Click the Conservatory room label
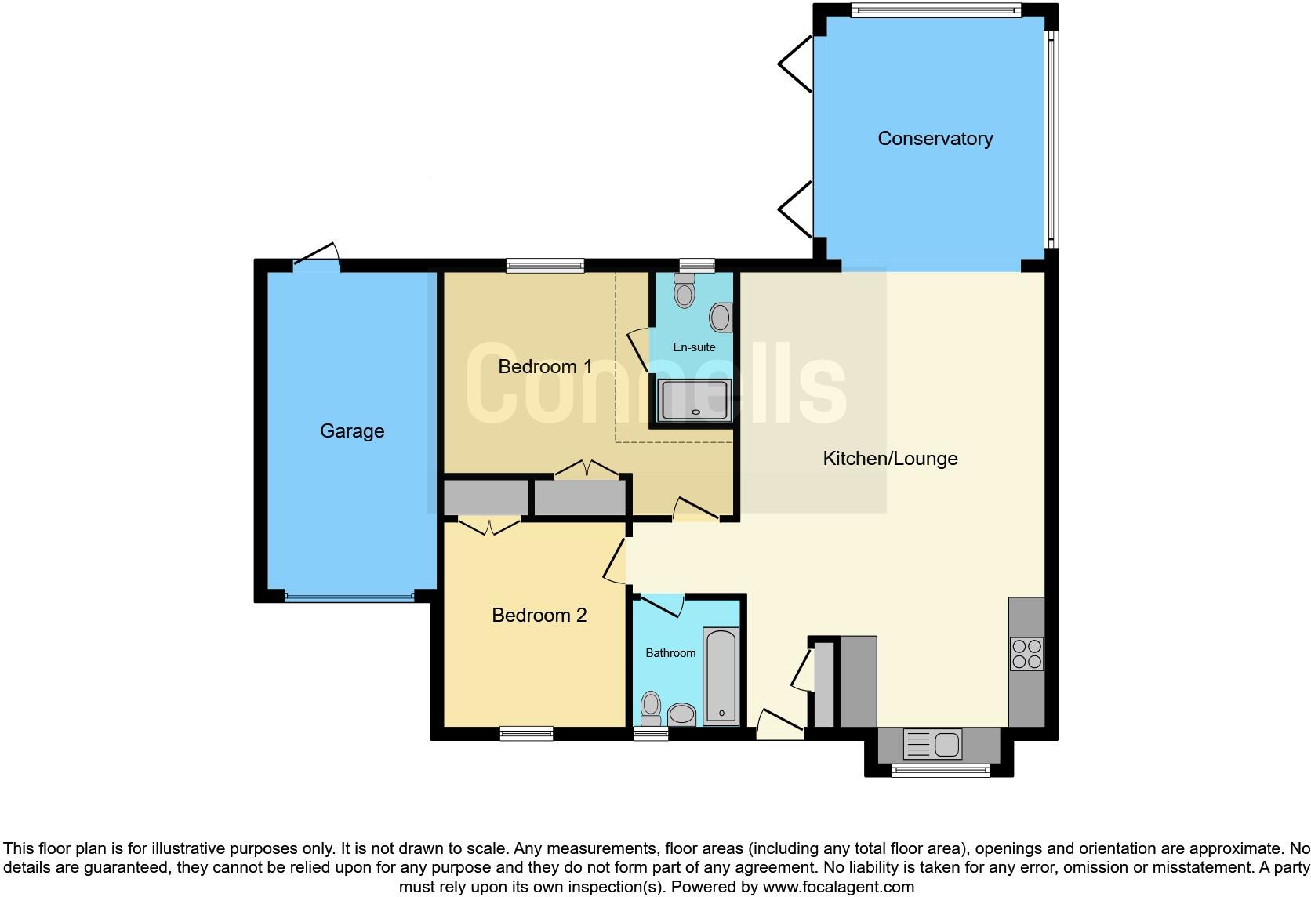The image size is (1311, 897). (x=935, y=139)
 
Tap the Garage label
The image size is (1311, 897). (x=352, y=430)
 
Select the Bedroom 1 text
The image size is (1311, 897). (x=545, y=366)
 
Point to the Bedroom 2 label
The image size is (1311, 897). (x=539, y=615)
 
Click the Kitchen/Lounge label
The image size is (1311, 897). (x=890, y=458)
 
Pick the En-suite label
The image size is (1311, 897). (x=694, y=347)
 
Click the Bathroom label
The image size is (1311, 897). (x=670, y=652)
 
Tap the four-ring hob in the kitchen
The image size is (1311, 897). (x=1026, y=654)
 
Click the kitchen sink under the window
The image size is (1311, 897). (x=932, y=743)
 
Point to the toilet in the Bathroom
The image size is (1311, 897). (x=650, y=707)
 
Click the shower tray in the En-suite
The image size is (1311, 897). (x=694, y=400)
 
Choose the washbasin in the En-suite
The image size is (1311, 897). (x=721, y=318)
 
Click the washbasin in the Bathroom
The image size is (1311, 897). (x=681, y=714)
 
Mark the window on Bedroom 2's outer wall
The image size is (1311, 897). (x=526, y=734)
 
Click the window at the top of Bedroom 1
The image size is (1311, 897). (x=545, y=266)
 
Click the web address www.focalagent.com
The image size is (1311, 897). (x=838, y=887)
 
